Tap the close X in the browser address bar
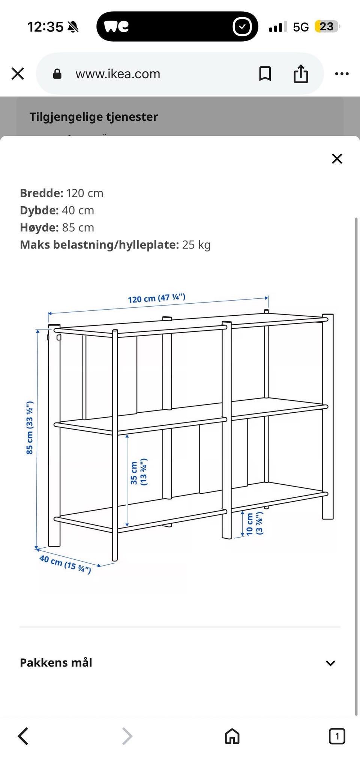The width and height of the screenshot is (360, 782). click(x=18, y=74)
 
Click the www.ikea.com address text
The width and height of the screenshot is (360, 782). click(x=118, y=74)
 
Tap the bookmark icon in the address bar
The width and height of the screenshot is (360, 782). click(x=265, y=74)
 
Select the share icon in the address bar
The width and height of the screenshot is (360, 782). click(x=301, y=73)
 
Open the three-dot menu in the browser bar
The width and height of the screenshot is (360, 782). click(x=342, y=74)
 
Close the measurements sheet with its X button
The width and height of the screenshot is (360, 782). click(x=337, y=159)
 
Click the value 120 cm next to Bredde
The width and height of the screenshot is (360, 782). click(x=85, y=193)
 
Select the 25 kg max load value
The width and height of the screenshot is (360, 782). click(x=196, y=245)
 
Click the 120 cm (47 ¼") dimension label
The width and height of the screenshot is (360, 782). click(x=157, y=298)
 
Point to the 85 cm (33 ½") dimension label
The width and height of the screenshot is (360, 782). click(x=30, y=428)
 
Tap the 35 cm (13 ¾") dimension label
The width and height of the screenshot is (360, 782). click(x=138, y=472)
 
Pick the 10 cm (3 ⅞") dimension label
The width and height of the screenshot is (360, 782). click(x=254, y=523)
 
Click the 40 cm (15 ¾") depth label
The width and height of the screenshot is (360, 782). click(x=65, y=565)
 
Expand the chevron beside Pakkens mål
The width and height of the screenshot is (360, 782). click(x=330, y=663)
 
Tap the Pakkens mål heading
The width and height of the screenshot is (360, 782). click(x=56, y=662)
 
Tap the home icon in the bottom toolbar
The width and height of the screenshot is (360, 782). click(x=232, y=736)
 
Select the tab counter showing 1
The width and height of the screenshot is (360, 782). click(x=337, y=736)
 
